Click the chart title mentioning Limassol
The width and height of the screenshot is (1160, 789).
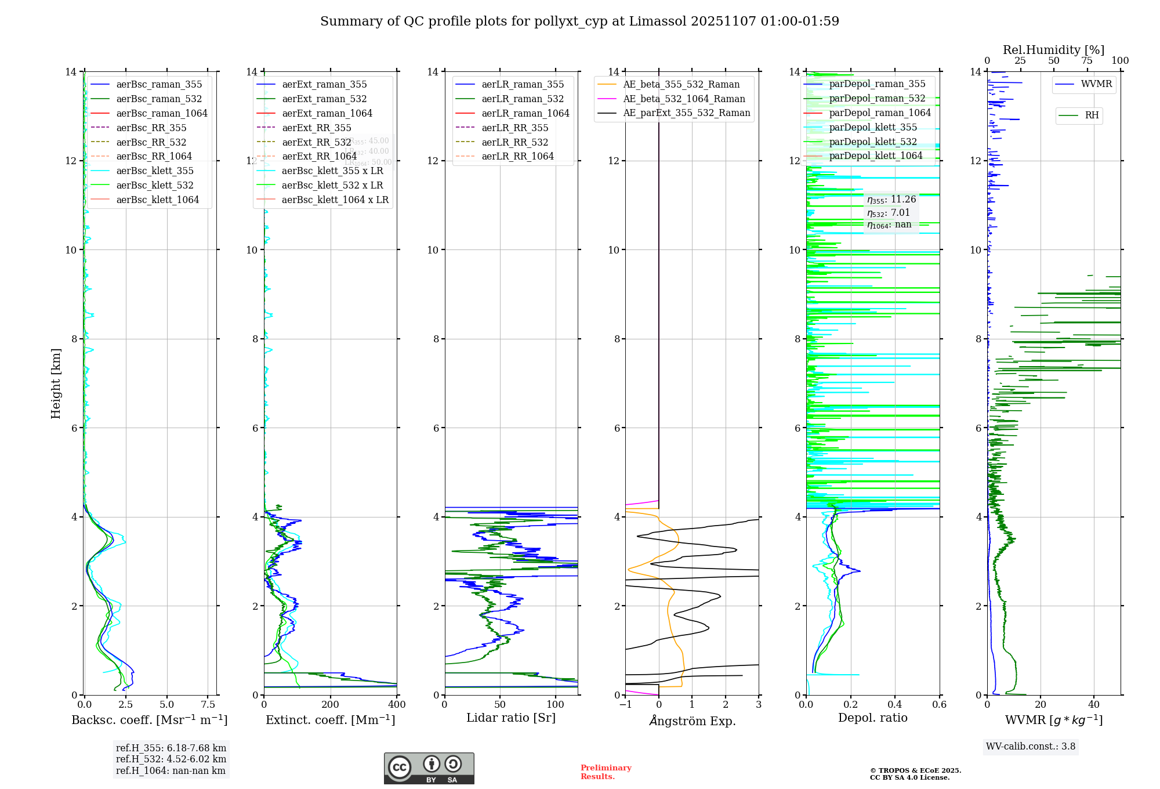click(x=579, y=21)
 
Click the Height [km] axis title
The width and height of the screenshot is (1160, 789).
click(x=56, y=383)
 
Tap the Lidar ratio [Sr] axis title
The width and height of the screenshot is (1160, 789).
click(x=511, y=718)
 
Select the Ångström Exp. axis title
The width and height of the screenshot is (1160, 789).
click(x=692, y=721)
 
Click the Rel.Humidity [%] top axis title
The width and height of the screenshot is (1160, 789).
click(x=1053, y=50)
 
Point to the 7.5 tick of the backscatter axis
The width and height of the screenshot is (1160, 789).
click(x=208, y=704)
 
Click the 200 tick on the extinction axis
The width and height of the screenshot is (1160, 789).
click(x=330, y=704)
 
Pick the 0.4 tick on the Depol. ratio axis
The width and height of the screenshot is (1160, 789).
click(x=895, y=704)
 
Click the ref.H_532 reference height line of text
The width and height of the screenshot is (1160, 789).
click(x=171, y=759)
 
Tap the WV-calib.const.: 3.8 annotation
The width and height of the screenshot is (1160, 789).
click(x=1031, y=746)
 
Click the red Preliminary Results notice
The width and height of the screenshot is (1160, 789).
click(x=606, y=772)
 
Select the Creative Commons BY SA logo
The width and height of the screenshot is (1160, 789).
click(x=429, y=768)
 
